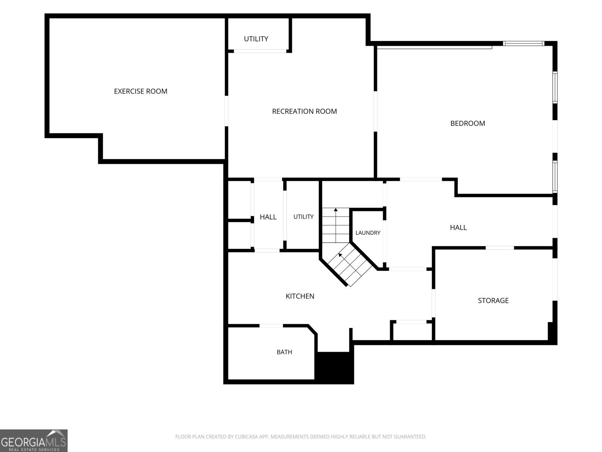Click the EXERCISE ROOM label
(140, 92)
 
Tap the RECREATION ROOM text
(304, 111)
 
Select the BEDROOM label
(468, 124)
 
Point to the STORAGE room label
(493, 301)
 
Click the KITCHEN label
(300, 296)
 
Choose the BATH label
(284, 352)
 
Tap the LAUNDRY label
(368, 233)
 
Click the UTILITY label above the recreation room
(256, 39)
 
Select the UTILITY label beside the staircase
(303, 217)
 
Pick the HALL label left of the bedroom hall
(268, 217)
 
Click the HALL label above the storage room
(458, 228)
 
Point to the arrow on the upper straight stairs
(336, 225)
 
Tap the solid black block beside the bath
(334, 367)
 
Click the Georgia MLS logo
(34, 440)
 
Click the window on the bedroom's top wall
(524, 43)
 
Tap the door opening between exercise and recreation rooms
(227, 111)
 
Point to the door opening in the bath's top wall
(271, 326)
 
